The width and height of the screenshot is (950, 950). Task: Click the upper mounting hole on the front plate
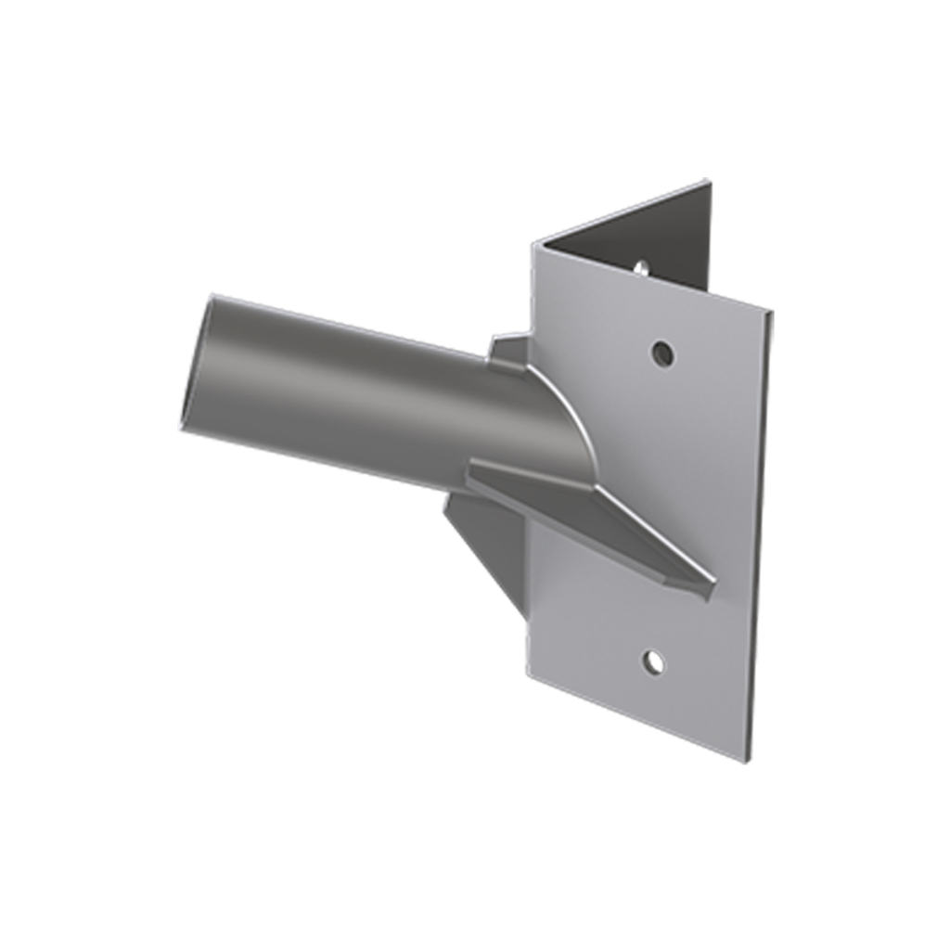point(661,353)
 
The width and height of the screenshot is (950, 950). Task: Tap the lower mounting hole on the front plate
point(654,661)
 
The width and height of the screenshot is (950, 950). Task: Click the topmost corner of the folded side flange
point(709,180)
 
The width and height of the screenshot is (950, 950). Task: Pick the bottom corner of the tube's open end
point(180,432)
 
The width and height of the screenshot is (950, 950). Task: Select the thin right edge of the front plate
point(759,538)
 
